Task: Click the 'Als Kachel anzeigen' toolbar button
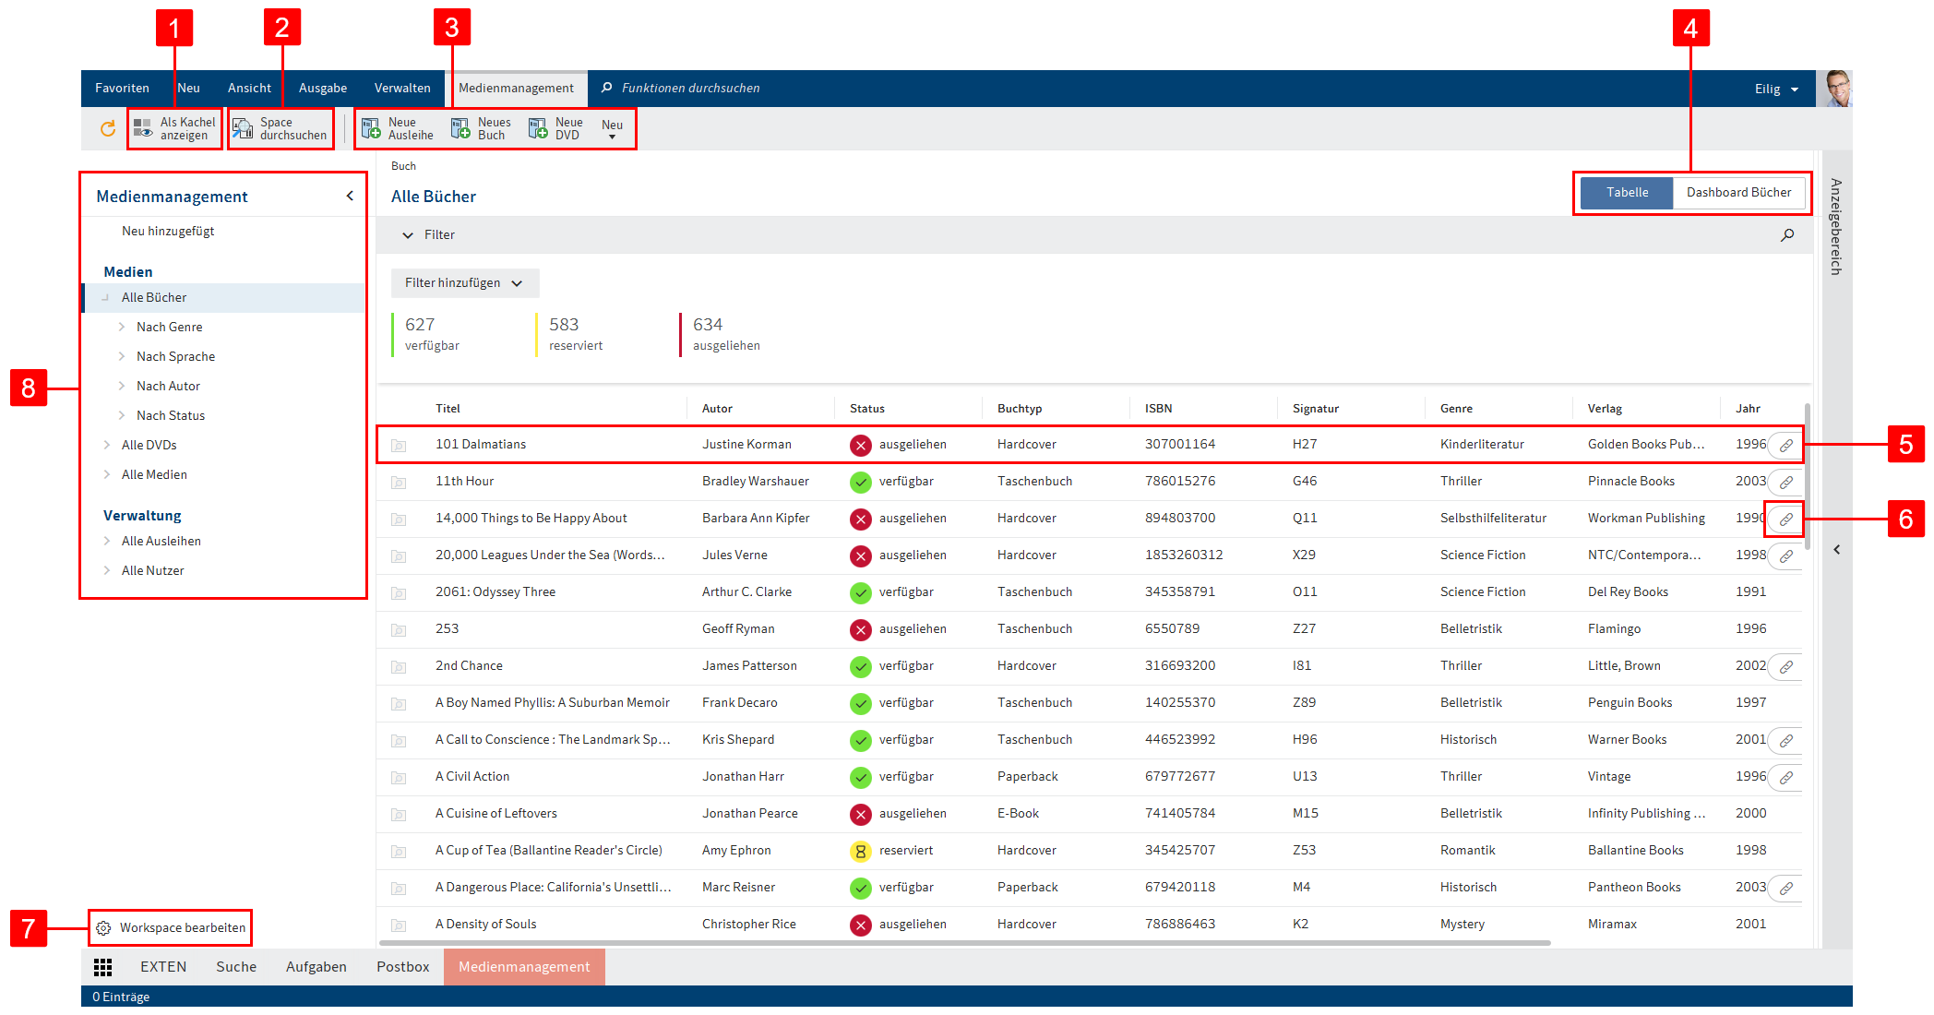click(x=175, y=128)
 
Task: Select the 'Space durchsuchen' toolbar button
click(x=281, y=128)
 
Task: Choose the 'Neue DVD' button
click(x=555, y=128)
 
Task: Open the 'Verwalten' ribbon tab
click(x=402, y=89)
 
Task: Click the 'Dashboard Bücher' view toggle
click(x=1738, y=193)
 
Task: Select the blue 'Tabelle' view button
click(x=1626, y=193)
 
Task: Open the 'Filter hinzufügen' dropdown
click(x=464, y=283)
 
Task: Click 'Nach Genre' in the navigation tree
click(x=170, y=328)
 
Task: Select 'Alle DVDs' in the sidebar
click(x=149, y=446)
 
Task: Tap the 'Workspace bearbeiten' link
click(x=182, y=928)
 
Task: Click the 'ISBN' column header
click(x=1159, y=409)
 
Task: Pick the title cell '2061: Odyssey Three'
click(x=495, y=592)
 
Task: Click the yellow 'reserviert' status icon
click(x=860, y=851)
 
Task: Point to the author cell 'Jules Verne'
click(x=734, y=555)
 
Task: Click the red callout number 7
click(x=29, y=928)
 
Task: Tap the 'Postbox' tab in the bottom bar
click(x=402, y=967)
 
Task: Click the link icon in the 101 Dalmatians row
click(x=1786, y=445)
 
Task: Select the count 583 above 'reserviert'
click(x=564, y=325)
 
